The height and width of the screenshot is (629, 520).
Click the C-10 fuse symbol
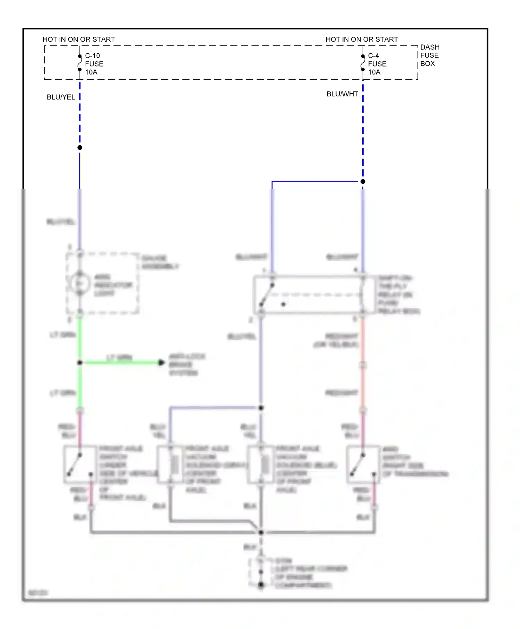80,63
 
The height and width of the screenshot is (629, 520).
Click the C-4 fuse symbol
363,63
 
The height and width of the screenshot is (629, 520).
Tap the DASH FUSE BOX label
430,55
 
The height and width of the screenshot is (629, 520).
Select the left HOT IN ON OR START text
79,39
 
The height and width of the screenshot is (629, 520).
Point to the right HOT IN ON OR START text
362,39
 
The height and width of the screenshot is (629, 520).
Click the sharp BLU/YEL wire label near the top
61,97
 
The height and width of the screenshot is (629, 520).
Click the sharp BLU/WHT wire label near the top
342,94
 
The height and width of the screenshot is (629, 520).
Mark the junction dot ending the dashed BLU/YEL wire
80,148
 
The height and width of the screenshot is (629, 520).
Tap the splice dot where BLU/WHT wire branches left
363,181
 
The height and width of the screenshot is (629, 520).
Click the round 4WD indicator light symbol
80,284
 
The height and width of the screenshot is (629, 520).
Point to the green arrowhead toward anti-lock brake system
161,363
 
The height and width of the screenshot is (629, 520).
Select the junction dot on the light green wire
80,363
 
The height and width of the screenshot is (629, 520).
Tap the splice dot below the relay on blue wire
261,408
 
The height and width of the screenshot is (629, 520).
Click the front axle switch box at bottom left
80,464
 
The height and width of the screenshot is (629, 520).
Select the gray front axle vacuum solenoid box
170,465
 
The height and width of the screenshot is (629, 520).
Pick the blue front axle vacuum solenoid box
261,465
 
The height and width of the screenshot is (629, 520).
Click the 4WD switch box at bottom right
363,464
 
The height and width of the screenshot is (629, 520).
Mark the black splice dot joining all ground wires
261,532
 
